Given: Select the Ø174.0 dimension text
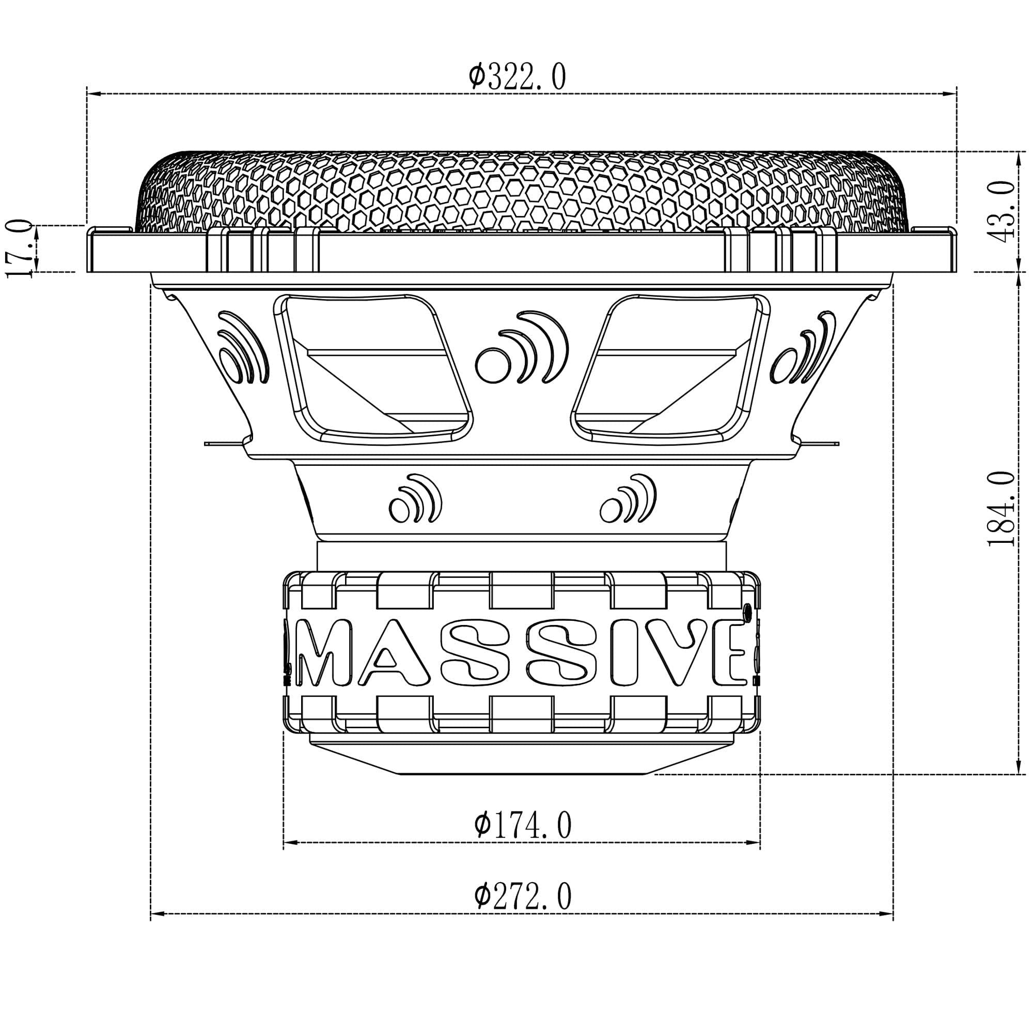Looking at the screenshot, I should pos(522,825).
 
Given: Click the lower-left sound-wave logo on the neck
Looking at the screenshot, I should pos(415,498).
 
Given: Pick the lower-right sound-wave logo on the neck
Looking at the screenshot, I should pos(628,498).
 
